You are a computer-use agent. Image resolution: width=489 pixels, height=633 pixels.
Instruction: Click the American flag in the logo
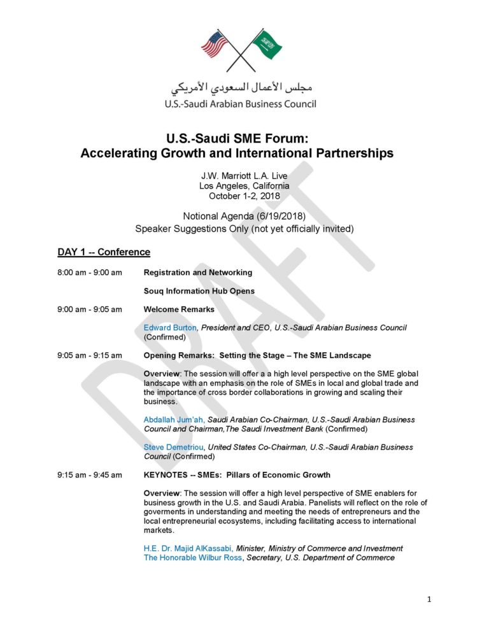[215, 44]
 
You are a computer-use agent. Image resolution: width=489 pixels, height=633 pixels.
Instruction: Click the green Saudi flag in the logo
[267, 43]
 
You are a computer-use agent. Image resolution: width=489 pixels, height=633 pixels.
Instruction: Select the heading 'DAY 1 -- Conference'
[104, 252]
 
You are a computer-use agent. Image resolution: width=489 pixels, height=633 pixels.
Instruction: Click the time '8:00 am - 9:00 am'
[90, 273]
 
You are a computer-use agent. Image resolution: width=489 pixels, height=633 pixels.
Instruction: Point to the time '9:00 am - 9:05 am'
[90, 309]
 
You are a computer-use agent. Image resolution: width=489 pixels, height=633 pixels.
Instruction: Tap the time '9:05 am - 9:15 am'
[90, 355]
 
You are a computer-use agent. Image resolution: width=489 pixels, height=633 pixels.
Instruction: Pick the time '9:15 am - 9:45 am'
[90, 475]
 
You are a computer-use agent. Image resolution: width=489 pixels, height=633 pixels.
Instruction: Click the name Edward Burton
[171, 328]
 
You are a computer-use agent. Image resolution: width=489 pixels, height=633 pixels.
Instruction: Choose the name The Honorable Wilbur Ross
[193, 558]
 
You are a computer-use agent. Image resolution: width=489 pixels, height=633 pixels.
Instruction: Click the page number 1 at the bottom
[430, 599]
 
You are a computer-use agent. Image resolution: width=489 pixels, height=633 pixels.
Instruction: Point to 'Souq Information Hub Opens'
[199, 291]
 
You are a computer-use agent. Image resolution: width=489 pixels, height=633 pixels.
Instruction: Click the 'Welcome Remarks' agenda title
[179, 309]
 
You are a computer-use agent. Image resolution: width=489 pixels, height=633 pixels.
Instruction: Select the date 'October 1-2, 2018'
[244, 196]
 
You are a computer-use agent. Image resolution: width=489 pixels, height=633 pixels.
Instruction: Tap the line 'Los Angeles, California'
[244, 186]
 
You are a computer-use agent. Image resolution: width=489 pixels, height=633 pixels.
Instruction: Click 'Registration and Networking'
[198, 273]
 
